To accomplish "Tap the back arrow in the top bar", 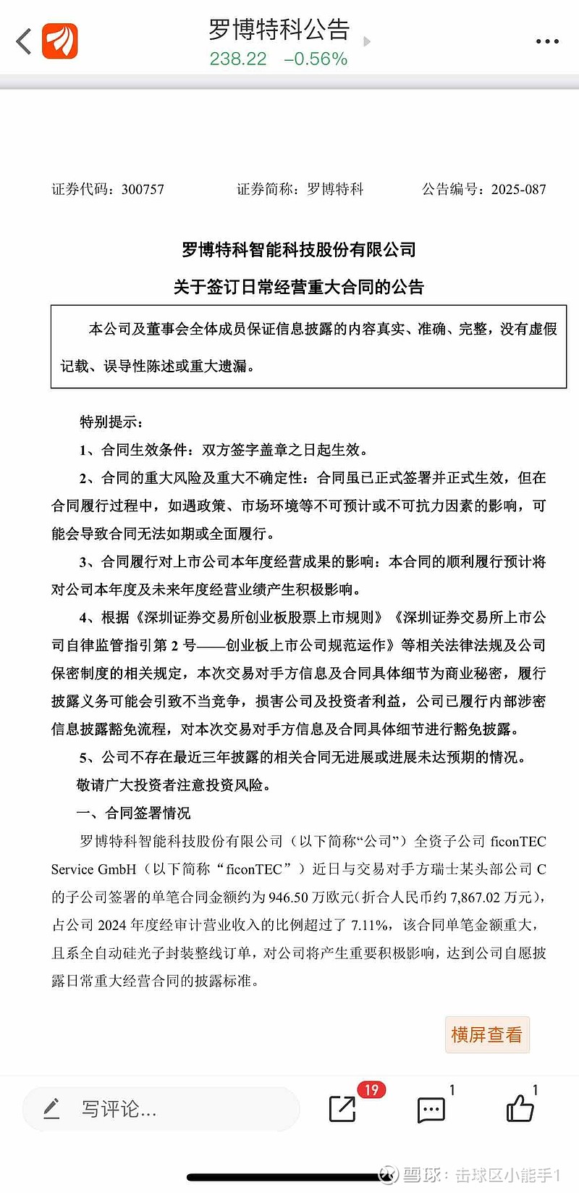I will click(x=25, y=41).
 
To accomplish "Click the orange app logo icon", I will click(x=60, y=41).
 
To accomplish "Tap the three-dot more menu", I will click(x=547, y=41).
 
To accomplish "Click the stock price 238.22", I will click(x=238, y=59).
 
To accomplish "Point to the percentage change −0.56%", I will click(x=316, y=59).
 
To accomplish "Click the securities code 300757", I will click(x=143, y=190).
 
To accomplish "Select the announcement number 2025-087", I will click(x=518, y=190).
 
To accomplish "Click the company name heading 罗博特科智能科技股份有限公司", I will click(x=299, y=250).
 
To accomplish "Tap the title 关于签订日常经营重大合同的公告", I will click(x=299, y=287).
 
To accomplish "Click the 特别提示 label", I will click(x=111, y=422).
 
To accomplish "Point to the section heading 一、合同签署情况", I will click(x=134, y=813).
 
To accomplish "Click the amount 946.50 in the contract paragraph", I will click(x=289, y=897).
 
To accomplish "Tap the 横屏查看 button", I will click(x=486, y=1034).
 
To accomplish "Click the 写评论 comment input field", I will click(x=161, y=1109).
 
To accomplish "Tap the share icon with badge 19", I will click(x=343, y=1108).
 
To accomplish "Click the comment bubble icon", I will click(x=431, y=1109).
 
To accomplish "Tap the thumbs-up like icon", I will click(x=520, y=1108).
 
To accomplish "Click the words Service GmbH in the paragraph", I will click(x=93, y=869).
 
